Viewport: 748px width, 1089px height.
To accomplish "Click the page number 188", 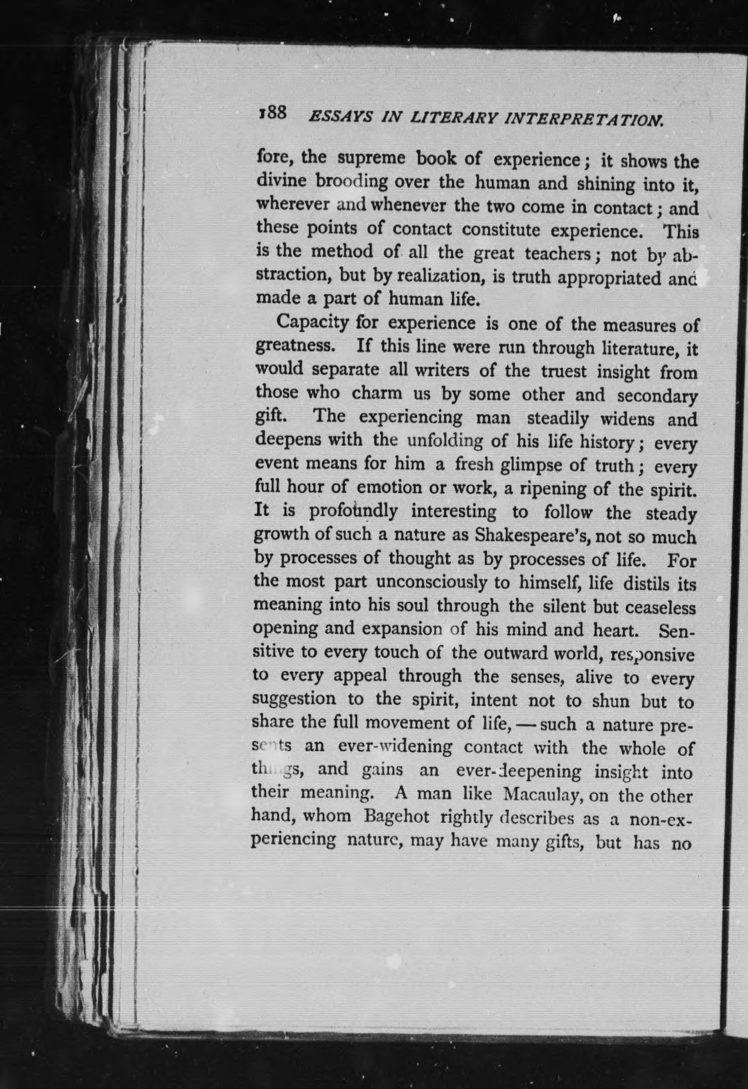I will (x=271, y=113).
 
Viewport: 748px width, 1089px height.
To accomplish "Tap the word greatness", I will (x=294, y=346).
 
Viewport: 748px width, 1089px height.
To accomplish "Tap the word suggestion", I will (x=294, y=700).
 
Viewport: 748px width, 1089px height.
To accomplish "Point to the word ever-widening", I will (x=395, y=747).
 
